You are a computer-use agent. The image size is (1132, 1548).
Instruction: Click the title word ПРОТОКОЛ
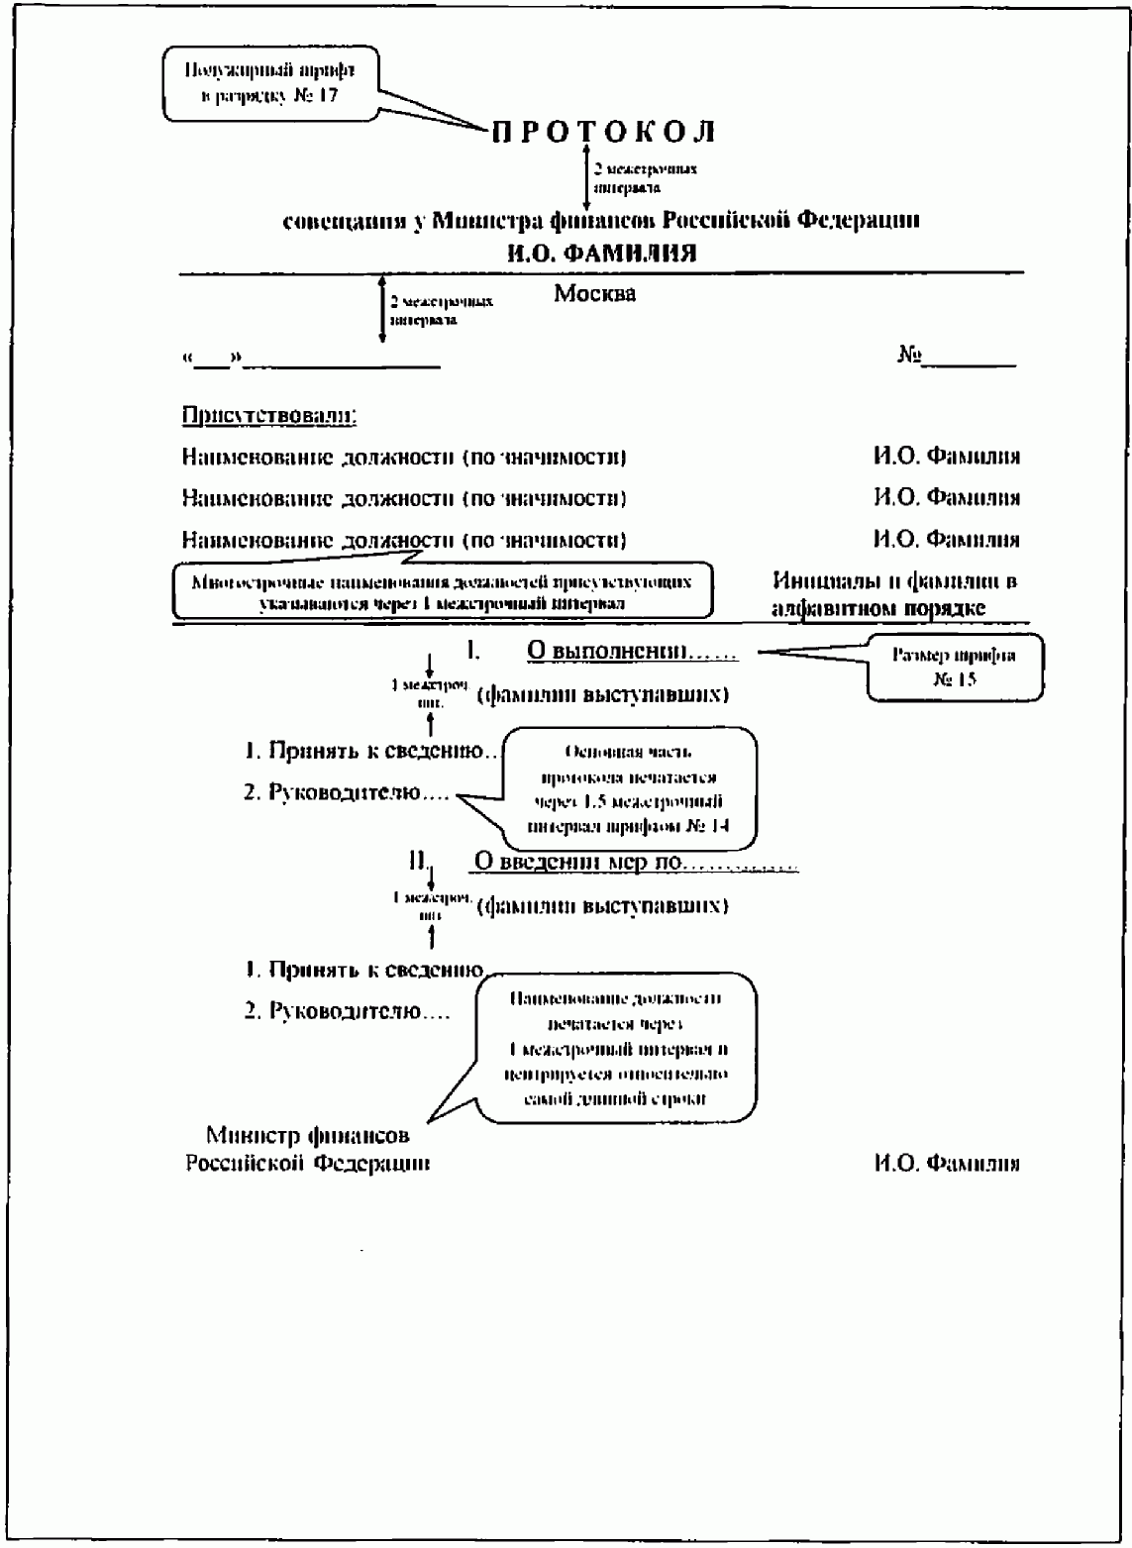point(603,132)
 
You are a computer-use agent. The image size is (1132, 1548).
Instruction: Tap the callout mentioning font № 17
point(269,83)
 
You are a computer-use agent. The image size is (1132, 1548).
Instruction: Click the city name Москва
point(594,294)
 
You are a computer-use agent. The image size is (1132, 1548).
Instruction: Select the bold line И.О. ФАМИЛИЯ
point(601,254)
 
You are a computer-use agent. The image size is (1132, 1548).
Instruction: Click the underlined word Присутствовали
point(269,415)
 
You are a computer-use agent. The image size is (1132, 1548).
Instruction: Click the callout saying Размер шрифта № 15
point(954,668)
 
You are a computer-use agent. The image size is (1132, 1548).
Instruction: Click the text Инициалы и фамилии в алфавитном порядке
point(893,594)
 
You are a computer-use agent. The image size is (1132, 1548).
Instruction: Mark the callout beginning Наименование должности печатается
point(616,1049)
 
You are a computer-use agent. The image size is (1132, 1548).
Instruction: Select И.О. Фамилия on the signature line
point(946,1164)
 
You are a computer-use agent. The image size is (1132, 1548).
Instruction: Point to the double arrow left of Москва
point(382,309)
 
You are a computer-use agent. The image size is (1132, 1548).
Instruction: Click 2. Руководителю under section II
point(347,1012)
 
